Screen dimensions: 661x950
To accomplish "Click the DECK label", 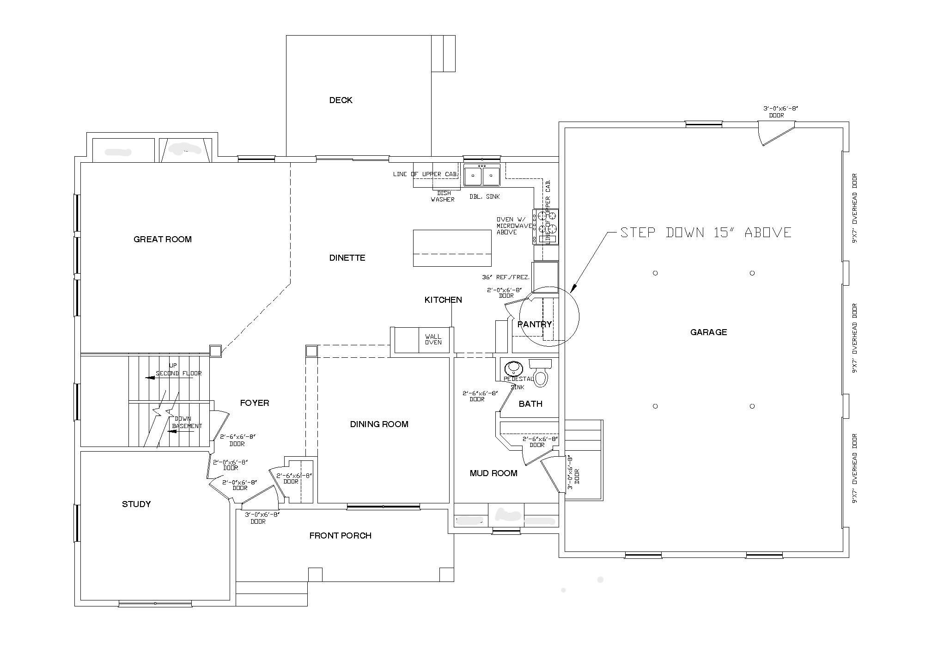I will tap(341, 100).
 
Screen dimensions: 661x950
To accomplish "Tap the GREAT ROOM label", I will tap(162, 239).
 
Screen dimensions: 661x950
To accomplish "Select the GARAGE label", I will tap(708, 332).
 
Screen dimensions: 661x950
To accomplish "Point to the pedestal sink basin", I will tap(513, 369).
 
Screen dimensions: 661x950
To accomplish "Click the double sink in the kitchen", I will tap(482, 175).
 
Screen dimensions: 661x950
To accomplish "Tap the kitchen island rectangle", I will tap(452, 248).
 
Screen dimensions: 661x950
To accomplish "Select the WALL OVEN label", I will tap(433, 339).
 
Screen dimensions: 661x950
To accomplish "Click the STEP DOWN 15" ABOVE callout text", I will tap(706, 233).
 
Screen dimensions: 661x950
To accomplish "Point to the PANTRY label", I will tap(535, 324).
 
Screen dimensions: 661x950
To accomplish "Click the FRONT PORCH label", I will tap(340, 536).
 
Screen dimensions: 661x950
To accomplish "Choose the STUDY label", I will tap(136, 504).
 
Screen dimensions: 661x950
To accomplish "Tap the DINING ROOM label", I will tap(379, 424).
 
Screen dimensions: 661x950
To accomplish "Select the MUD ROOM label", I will tap(493, 473).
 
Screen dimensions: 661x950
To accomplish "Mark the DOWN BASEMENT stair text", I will tap(186, 422).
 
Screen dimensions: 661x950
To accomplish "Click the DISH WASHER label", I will tap(443, 196).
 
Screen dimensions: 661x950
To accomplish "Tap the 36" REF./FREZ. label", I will tap(505, 277).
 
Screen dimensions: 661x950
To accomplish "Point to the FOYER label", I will tap(254, 403).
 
